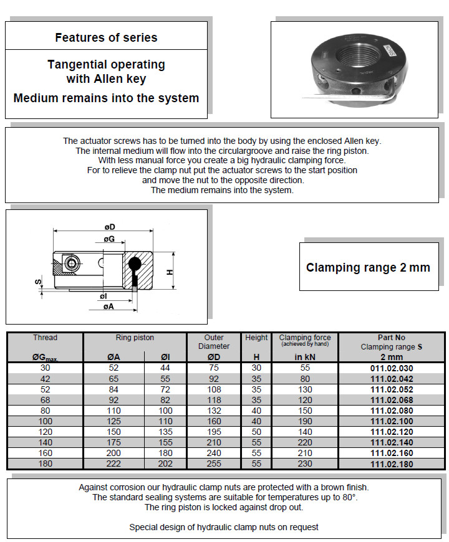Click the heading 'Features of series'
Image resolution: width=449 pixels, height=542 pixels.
tap(106, 37)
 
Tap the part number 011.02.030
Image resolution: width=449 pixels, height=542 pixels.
tap(392, 368)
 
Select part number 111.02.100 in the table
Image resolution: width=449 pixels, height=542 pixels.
tap(392, 422)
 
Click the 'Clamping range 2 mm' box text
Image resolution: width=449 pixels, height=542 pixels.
tap(368, 268)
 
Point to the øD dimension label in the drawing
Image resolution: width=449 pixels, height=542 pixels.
tap(110, 227)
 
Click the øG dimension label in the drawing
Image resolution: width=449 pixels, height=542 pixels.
tap(109, 239)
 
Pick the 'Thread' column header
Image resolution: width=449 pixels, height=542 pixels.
tap(45, 338)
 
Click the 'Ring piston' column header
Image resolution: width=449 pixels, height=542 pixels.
tap(135, 338)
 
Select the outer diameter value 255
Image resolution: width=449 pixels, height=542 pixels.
tap(214, 464)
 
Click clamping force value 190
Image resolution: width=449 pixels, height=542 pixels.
tap(305, 422)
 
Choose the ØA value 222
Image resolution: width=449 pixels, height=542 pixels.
tap(114, 464)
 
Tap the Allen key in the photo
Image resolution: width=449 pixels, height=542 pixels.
tap(349, 96)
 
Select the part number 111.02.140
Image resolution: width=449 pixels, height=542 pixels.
tap(392, 443)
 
